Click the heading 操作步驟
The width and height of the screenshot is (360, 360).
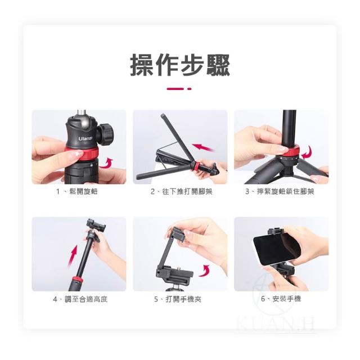[180, 65]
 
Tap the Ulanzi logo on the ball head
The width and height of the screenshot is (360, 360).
[85, 138]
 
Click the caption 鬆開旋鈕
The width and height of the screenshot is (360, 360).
[84, 191]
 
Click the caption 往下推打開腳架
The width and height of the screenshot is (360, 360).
[187, 191]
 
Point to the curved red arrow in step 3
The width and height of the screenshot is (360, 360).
[307, 152]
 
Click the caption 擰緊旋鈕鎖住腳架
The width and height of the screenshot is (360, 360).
[285, 191]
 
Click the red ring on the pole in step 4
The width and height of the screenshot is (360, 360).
[77, 280]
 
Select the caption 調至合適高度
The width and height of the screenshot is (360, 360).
[86, 299]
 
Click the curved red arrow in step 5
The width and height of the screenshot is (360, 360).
[204, 270]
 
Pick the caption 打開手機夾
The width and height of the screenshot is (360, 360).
[183, 299]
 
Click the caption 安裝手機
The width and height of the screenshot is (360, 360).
[286, 299]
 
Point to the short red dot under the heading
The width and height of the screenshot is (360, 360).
[189, 89]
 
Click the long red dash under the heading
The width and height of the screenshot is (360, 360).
[175, 89]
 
